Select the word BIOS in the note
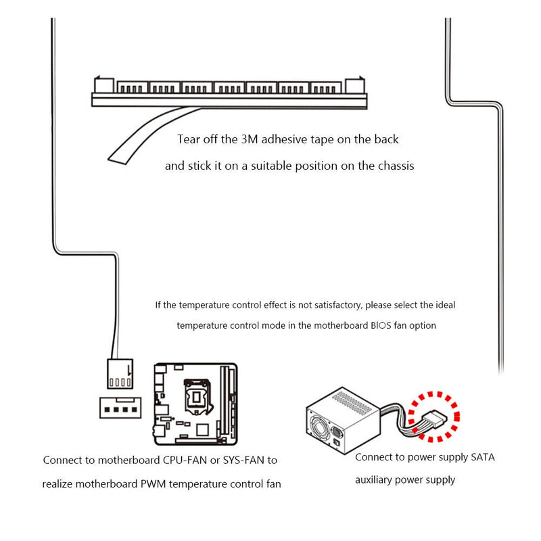pyautogui.click(x=381, y=326)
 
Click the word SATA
pyautogui.click(x=483, y=457)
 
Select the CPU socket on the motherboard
pyautogui.click(x=197, y=397)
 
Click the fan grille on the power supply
pyautogui.click(x=319, y=428)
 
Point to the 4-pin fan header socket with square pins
pyautogui.click(x=120, y=408)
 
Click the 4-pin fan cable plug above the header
pyautogui.click(x=120, y=374)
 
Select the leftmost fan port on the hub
pyautogui.click(x=133, y=87)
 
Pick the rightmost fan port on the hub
pyautogui.click(x=326, y=87)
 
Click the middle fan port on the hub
pyautogui.click(x=229, y=87)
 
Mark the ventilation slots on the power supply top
pyautogui.click(x=352, y=402)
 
